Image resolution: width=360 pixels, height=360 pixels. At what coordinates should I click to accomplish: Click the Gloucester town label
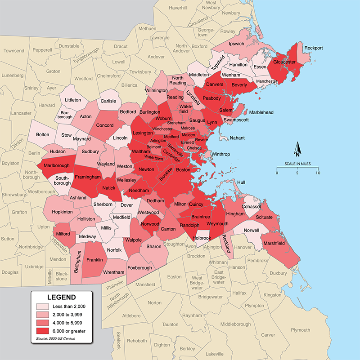coord(284,62)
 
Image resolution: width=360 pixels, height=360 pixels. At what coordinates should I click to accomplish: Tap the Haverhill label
coord(178,8)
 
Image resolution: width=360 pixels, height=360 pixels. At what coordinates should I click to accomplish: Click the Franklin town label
coord(95,260)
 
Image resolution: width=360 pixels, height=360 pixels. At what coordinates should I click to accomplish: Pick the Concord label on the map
coord(105,125)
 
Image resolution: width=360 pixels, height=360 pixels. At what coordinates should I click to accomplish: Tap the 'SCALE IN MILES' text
coord(297,164)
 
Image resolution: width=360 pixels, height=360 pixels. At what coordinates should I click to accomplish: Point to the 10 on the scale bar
coord(318,173)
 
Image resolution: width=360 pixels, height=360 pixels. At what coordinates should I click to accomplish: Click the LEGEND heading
coord(62,298)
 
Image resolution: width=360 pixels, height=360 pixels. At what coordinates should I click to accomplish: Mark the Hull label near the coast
coord(242,182)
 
